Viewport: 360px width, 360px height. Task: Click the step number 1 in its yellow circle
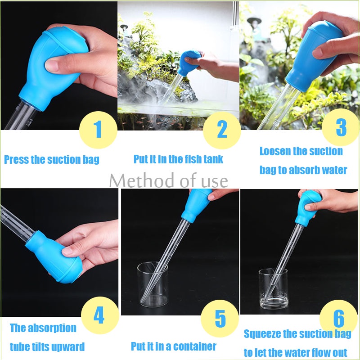coord(98,130)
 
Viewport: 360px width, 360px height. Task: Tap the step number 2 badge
coord(222,130)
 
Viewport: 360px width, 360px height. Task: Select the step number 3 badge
coord(341,128)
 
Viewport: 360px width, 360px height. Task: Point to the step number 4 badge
coord(100,315)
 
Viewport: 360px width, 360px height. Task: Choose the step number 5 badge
coord(220,318)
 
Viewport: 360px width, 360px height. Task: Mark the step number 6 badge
coord(338,319)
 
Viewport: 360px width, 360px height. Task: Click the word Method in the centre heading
coord(142,181)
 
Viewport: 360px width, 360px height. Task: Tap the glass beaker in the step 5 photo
coord(153,285)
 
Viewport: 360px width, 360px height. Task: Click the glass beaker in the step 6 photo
coord(273,289)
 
